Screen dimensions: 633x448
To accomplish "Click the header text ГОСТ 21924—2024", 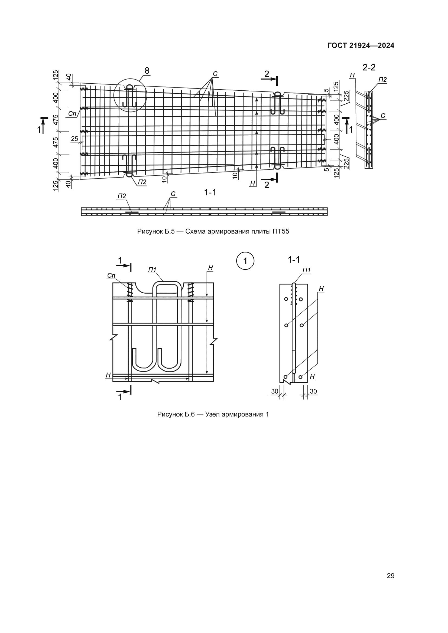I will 361,46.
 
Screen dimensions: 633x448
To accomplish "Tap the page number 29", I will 391,576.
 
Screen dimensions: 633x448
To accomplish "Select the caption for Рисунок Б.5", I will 213,231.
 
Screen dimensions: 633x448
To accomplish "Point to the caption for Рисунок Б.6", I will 213,414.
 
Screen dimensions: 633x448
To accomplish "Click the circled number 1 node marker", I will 245,261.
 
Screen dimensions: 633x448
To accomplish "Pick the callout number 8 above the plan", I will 147,71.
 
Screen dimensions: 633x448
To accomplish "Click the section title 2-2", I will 369,67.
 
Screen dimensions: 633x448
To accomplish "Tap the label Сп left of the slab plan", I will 72,113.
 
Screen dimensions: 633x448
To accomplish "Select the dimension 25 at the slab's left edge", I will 74,139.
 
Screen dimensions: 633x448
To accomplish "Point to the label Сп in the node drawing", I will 111,275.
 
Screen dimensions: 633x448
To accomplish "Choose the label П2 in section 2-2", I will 382,80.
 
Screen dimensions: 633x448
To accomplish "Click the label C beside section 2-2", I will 383,116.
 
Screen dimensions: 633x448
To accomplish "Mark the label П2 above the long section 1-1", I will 122,196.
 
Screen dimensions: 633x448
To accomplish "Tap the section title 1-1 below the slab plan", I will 210,192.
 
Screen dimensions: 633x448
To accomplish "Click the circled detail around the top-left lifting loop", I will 130,95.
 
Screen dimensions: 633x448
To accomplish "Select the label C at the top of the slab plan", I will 215,74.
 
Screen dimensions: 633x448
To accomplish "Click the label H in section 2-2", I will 352,75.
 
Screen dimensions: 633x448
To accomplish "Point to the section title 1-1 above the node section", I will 294,260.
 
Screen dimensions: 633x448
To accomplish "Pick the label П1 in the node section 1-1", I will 307,270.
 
